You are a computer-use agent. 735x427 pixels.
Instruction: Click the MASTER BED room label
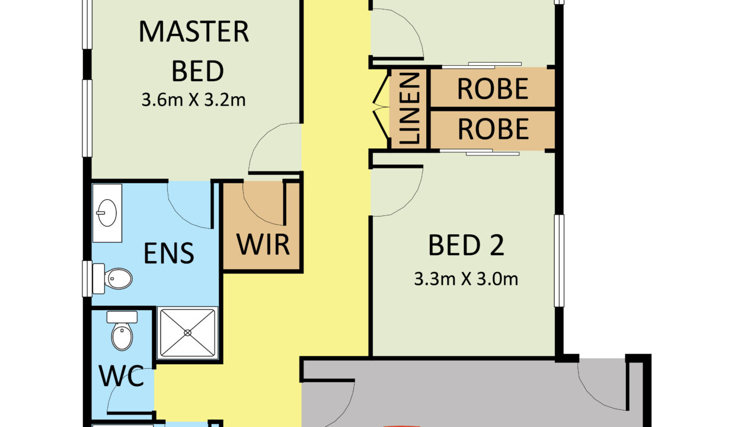194,51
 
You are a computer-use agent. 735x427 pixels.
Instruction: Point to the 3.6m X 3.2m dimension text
194,100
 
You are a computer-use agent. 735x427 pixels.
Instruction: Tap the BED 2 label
466,245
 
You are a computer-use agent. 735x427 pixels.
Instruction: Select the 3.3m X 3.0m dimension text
466,279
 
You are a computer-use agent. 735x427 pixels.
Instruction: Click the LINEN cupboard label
410,109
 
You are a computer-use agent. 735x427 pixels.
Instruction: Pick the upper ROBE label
493,88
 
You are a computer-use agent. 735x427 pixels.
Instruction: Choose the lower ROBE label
493,129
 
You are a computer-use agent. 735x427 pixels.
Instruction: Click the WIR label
263,244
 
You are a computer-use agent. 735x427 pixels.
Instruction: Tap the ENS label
169,253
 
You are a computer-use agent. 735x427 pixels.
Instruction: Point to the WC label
122,376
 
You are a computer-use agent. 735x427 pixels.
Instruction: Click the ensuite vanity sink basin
107,213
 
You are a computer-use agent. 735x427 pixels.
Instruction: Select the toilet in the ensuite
112,279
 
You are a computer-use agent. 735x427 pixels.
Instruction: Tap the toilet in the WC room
122,330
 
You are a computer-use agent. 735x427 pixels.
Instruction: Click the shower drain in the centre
187,333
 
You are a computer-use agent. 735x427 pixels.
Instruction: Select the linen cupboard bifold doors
381,107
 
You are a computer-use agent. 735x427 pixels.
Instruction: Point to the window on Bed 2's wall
559,260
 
